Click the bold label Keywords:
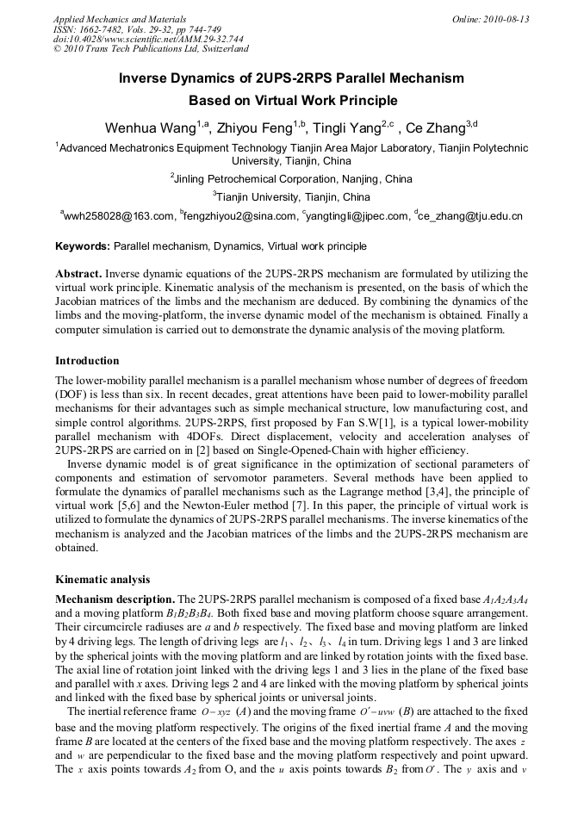(x=83, y=245)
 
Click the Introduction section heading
(x=87, y=361)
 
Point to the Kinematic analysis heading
(x=103, y=580)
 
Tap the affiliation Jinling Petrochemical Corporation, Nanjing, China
(x=292, y=179)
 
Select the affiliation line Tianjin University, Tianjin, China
(x=292, y=197)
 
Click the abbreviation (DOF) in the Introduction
(x=73, y=393)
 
